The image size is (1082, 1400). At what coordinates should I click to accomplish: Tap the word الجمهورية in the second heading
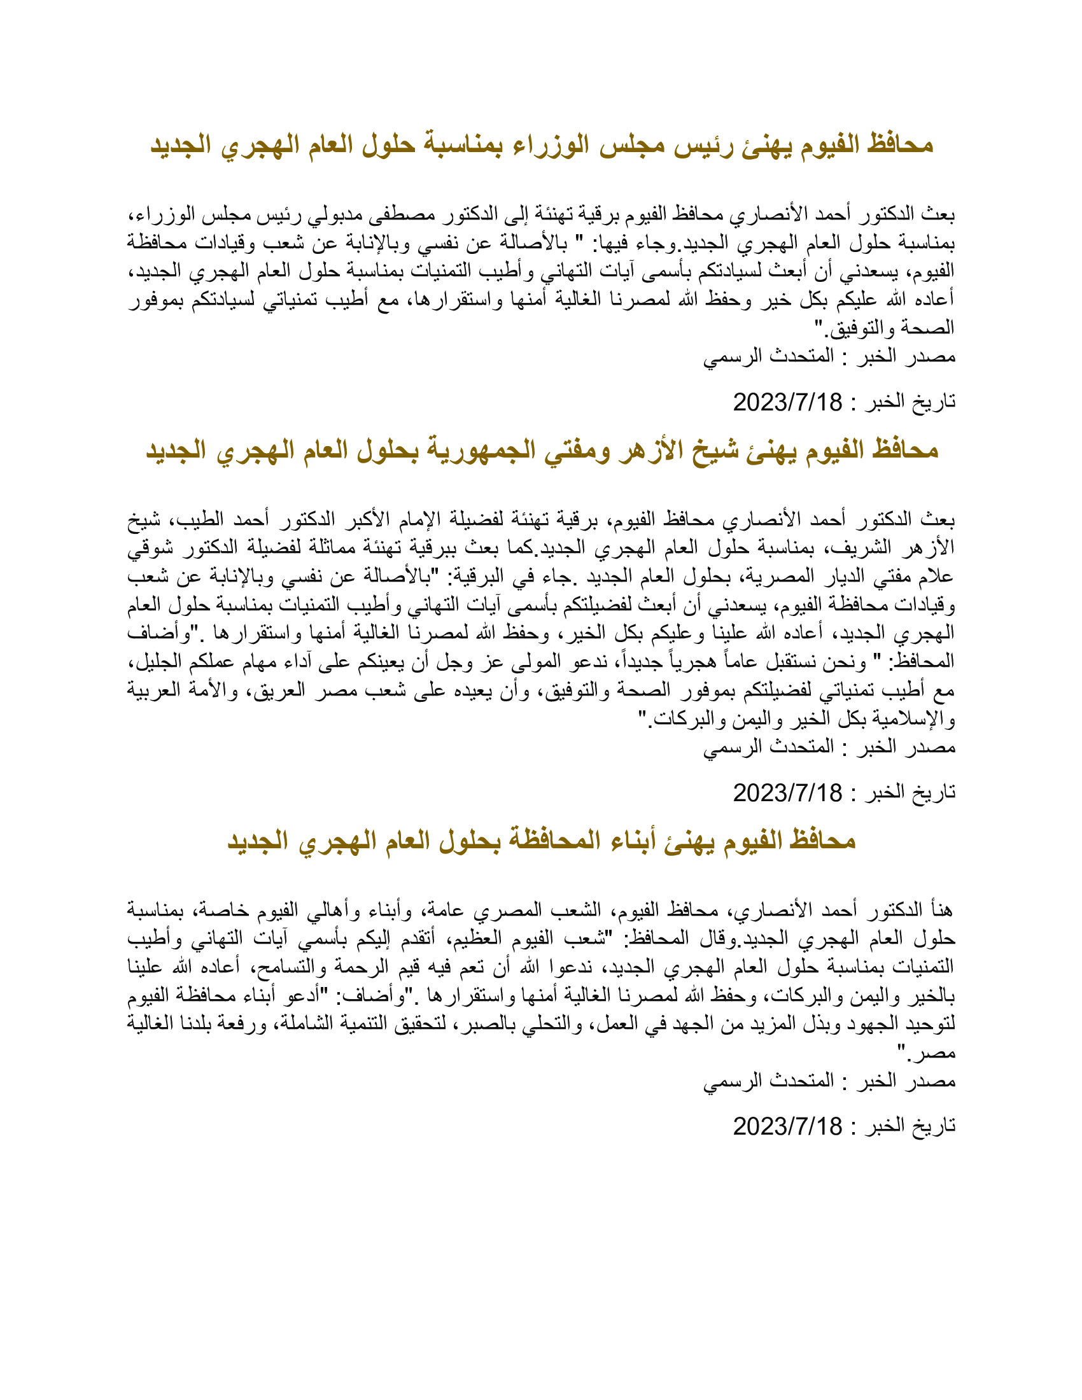pos(480,450)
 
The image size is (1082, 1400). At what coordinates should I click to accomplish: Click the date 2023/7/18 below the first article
pos(787,403)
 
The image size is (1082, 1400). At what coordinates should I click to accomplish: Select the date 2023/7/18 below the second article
pos(787,793)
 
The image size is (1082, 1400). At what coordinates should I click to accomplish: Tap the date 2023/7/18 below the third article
pos(787,1126)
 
